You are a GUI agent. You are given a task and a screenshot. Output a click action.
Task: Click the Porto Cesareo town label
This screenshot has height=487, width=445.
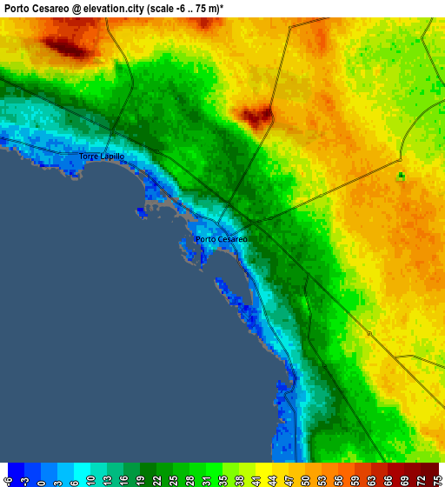pyautogui.click(x=222, y=239)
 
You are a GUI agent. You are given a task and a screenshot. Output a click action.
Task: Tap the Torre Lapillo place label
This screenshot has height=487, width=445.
pyautogui.click(x=102, y=157)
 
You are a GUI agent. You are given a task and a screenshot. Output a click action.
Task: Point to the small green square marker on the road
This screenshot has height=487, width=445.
pyautogui.click(x=401, y=176)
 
